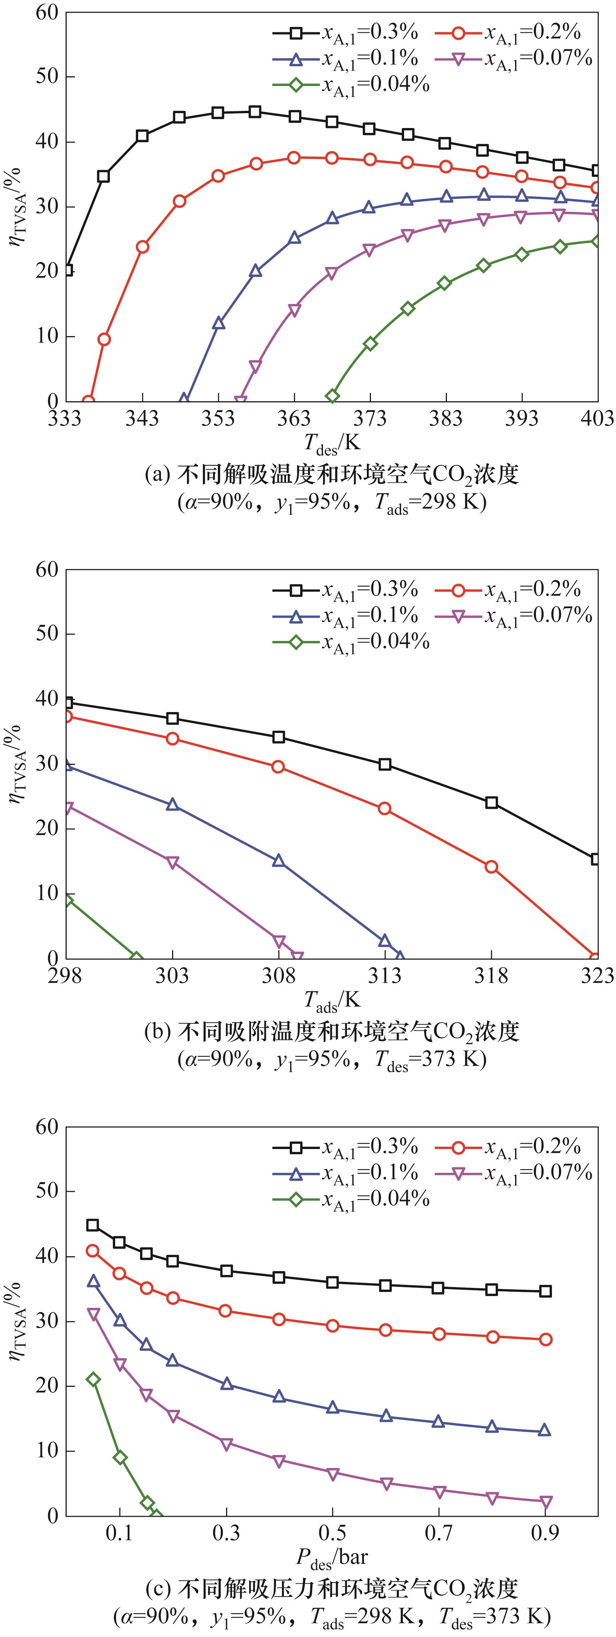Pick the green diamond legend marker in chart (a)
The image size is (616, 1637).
tap(296, 84)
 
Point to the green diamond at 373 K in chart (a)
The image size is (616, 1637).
tap(370, 343)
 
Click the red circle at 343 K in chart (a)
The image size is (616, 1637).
tap(142, 246)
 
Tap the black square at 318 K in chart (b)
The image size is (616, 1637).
tap(491, 802)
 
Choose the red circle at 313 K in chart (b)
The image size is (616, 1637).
tap(385, 808)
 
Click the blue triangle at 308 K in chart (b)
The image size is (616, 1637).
tap(279, 861)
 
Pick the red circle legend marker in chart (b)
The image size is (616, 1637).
tap(458, 590)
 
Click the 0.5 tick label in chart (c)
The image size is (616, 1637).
tap(332, 1532)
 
